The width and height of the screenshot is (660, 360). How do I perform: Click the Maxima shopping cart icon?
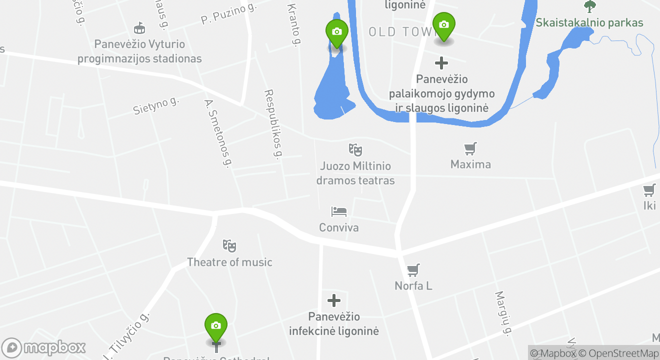470,148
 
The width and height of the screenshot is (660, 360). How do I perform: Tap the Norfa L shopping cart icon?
413,270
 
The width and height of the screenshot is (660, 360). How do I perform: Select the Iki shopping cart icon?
649,190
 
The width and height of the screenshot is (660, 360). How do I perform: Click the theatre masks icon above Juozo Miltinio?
355,149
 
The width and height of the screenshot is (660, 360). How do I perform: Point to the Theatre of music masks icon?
229,245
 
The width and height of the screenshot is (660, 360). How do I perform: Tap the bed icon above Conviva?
338,211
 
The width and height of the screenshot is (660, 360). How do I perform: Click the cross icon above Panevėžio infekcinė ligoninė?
334,300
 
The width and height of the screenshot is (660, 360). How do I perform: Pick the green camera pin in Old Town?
443,25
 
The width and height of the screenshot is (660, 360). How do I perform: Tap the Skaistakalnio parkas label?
589,22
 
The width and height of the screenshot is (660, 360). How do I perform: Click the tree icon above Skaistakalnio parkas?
590,6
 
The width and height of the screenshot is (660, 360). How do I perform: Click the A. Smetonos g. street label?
218,133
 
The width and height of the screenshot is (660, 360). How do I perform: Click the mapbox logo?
44,347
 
